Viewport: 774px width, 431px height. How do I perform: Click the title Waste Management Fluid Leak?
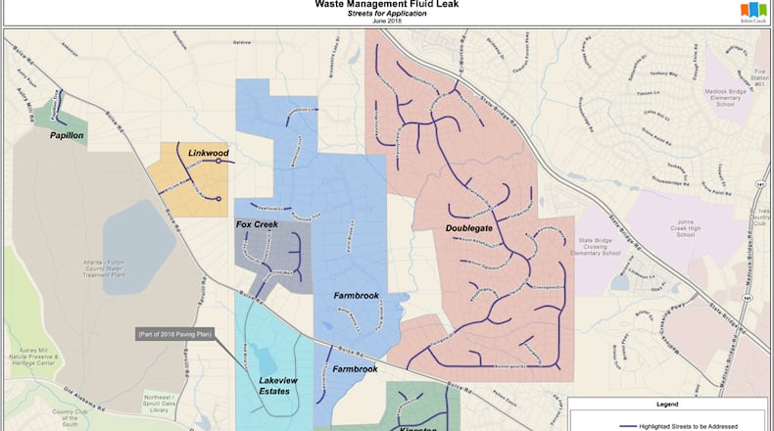(x=386, y=4)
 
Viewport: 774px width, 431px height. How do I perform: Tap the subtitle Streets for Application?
(x=386, y=14)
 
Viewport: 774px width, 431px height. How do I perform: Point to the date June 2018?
(x=386, y=22)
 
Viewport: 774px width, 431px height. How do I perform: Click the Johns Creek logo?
(x=752, y=11)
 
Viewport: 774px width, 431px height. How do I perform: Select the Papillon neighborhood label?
(x=66, y=136)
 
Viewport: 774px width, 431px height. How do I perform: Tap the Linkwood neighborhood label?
(x=208, y=154)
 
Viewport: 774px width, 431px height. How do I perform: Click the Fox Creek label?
(x=258, y=225)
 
